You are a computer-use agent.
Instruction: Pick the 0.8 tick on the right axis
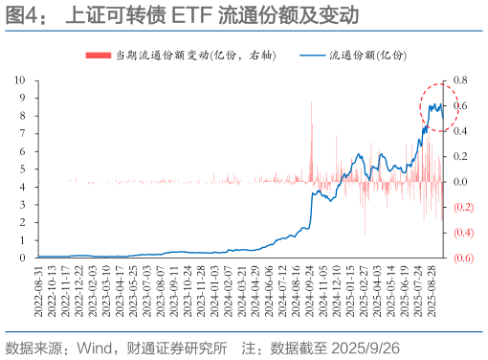(x=461, y=79)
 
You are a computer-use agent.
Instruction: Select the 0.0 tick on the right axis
(x=461, y=182)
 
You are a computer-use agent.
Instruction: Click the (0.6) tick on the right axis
(x=462, y=258)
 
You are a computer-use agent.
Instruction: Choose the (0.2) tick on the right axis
(x=462, y=207)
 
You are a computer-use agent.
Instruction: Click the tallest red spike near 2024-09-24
(x=312, y=105)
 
